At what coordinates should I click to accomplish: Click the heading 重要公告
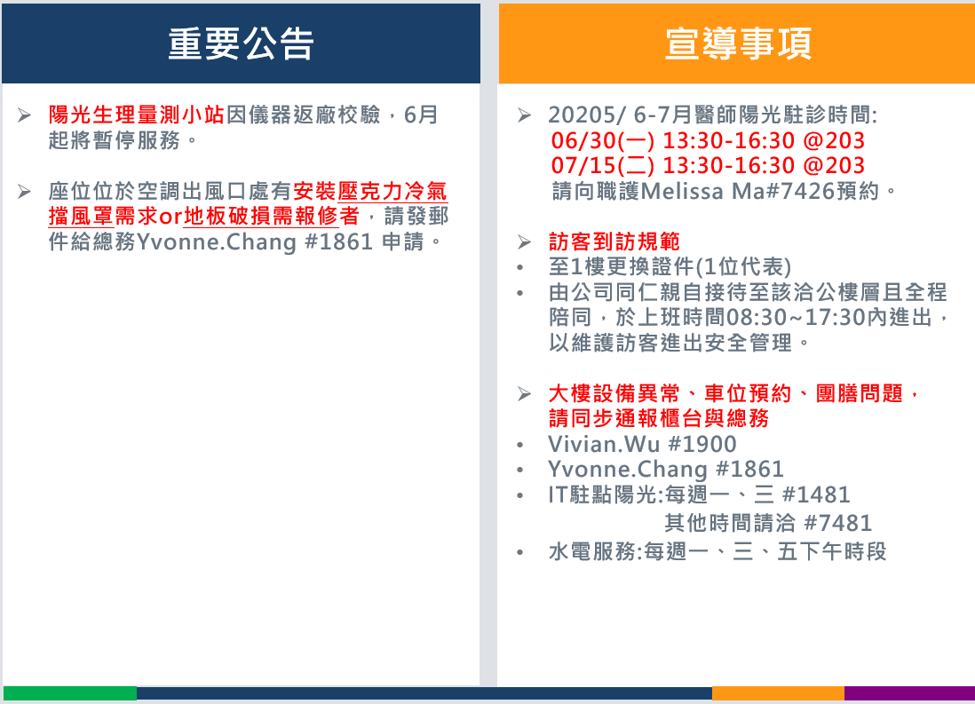coord(241,44)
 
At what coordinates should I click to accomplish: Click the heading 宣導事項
coord(738,44)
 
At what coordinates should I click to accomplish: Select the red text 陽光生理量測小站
coord(136,115)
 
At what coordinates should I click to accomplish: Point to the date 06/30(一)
coord(603,140)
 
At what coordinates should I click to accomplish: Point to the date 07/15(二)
coord(603,165)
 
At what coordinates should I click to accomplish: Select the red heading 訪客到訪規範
coord(614,241)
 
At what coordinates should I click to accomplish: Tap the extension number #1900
coord(702,444)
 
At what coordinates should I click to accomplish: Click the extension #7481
coord(838,523)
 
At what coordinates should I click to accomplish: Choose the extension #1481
coord(816,495)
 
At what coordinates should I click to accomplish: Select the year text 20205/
coord(587,115)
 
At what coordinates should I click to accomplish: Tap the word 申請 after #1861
coord(403,241)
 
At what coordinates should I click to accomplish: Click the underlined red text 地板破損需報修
coord(260,216)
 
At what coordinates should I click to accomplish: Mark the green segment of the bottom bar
coord(69,693)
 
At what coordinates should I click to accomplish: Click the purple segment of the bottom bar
coord(909,693)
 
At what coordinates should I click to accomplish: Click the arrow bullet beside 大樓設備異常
coord(524,393)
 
